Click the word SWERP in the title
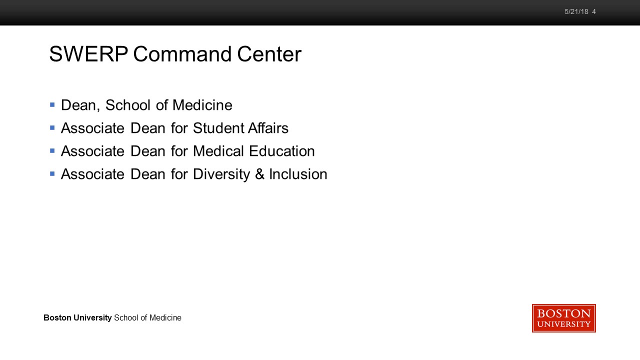coord(88,54)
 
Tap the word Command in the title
coord(182,54)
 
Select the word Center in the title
coord(269,54)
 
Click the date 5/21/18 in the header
coord(576,11)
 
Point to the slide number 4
coord(594,11)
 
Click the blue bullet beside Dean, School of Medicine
coord(52,105)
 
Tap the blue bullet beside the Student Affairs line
coord(52,127)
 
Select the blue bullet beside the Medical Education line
coord(52,150)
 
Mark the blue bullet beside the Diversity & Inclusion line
coord(52,173)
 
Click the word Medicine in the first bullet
coord(202,105)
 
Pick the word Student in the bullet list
coord(217,127)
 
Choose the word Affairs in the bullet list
coord(268,127)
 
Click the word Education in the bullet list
coord(281,151)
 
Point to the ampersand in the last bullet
coord(259,174)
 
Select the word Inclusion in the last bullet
coord(298,174)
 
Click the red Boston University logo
coord(563,318)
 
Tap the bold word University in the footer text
coord(92,317)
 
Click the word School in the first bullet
coord(127,105)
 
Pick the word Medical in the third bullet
coord(218,151)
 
